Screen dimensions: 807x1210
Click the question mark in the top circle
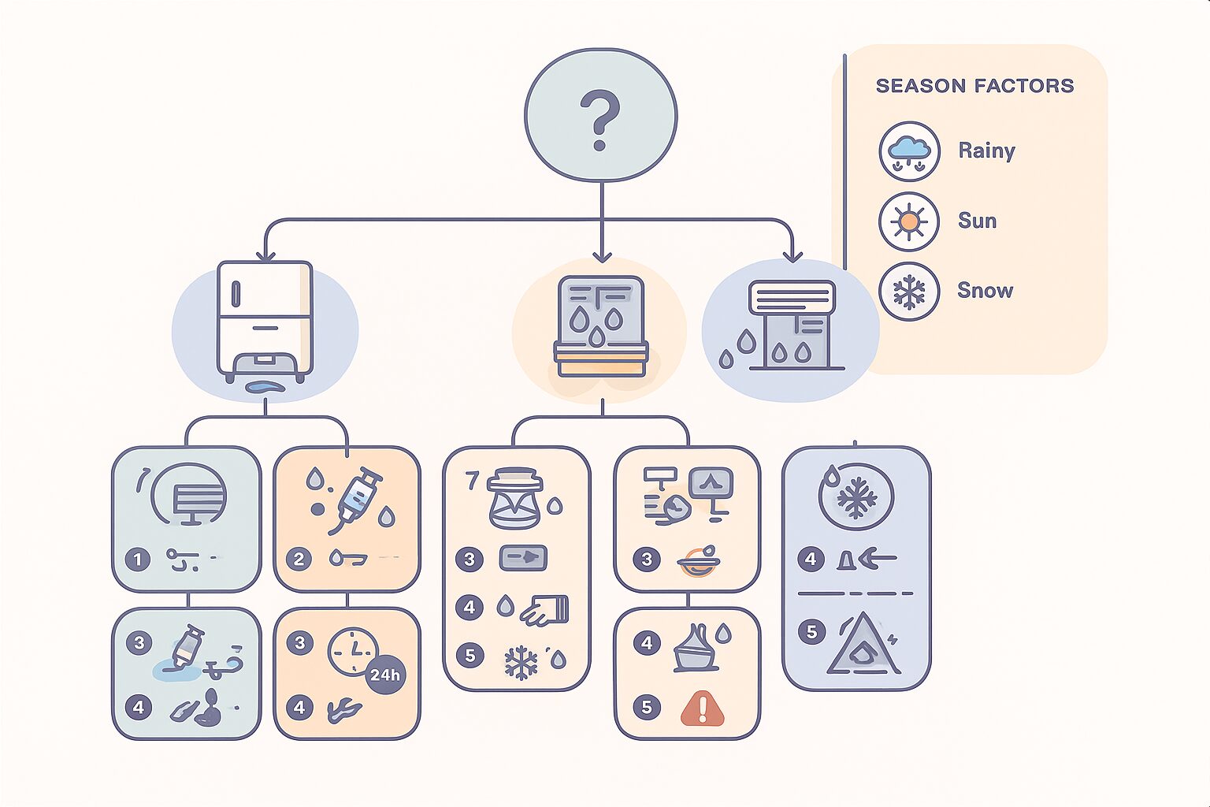click(x=600, y=119)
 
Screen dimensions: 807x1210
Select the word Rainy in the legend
click(x=986, y=151)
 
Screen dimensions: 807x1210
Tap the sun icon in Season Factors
click(x=908, y=221)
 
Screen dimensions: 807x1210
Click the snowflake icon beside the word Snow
click(x=908, y=292)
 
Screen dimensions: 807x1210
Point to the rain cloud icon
click(x=908, y=151)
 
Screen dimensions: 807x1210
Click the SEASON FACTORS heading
click(x=974, y=86)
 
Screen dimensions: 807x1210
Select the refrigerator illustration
click(x=265, y=320)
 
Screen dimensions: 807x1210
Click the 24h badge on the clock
click(x=385, y=675)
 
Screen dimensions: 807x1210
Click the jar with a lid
click(x=514, y=498)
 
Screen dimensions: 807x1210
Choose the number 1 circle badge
click(x=138, y=560)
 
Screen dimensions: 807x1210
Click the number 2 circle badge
click(x=299, y=560)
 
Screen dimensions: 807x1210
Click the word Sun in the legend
click(x=977, y=221)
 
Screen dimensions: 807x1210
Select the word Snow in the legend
click(x=985, y=291)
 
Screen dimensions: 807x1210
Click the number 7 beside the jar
click(x=472, y=480)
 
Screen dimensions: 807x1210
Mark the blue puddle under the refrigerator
click(x=265, y=387)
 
